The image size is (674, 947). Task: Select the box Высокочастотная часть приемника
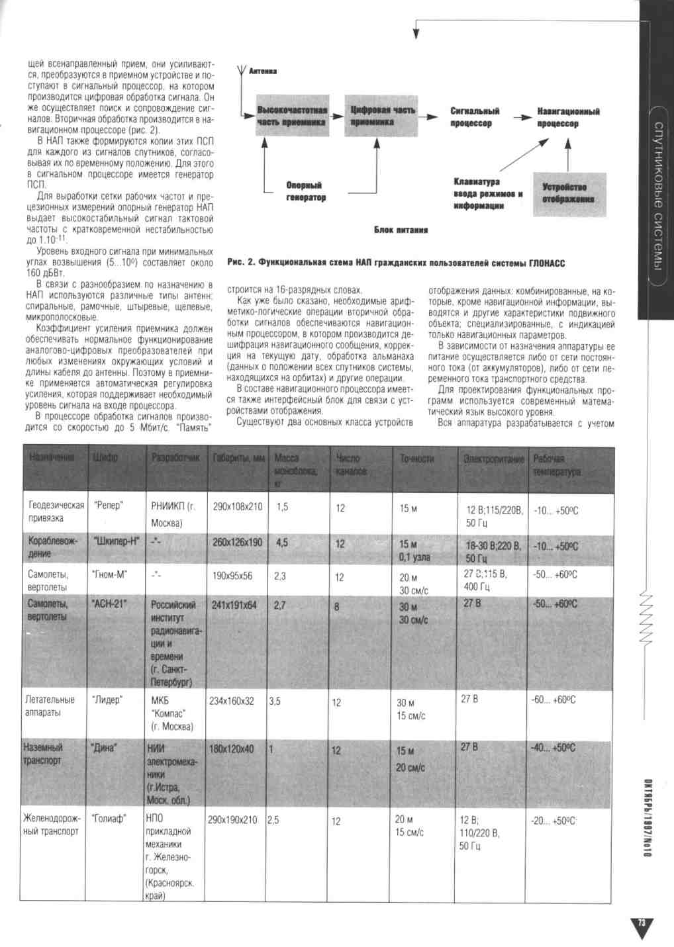(x=292, y=116)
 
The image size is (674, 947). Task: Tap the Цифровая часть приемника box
(x=381, y=116)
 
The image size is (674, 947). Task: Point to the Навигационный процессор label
(x=567, y=117)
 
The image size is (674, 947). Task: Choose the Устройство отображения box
(x=569, y=193)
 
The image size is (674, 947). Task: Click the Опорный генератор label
(x=305, y=191)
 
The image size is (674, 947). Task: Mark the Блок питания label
(x=401, y=230)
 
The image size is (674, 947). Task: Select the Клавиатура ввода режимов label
(x=487, y=193)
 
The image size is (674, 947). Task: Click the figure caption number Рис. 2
(x=241, y=263)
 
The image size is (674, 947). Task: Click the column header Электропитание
(x=493, y=459)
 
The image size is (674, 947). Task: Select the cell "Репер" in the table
(x=109, y=506)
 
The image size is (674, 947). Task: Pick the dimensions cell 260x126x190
(x=237, y=543)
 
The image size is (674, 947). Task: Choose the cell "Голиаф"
(x=109, y=819)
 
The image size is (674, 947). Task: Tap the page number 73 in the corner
(x=641, y=924)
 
